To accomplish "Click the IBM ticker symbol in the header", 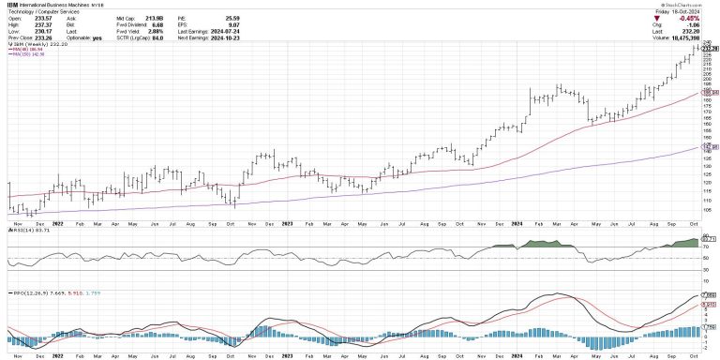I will click(x=13, y=5).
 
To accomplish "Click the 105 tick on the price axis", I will click(x=706, y=209).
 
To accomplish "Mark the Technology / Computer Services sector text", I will click(x=41, y=11).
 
